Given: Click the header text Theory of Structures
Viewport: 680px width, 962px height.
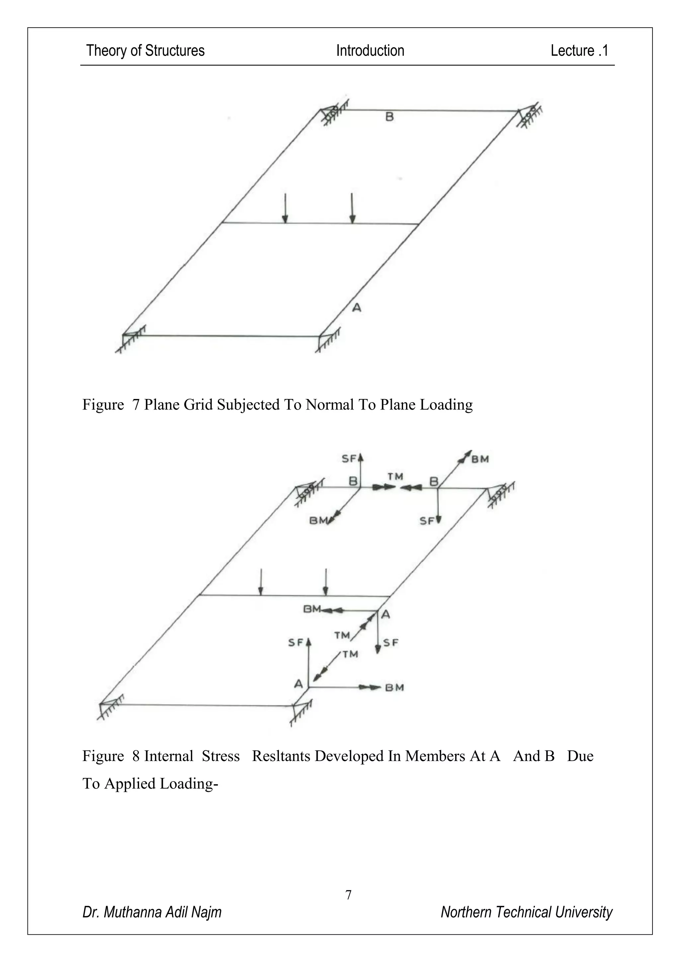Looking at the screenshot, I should pos(145,51).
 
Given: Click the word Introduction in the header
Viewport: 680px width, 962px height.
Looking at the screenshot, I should pos(370,51).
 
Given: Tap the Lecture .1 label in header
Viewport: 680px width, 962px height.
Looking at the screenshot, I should pos(579,51).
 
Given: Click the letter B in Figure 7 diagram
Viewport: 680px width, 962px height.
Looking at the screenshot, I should pos(389,117).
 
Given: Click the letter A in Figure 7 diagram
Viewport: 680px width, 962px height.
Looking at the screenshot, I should pos(357,308).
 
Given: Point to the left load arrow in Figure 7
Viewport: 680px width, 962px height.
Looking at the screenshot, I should pos(285,208).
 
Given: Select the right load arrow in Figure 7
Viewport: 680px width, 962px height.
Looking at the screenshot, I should pos(352,208).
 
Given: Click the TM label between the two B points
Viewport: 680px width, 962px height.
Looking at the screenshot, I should pos(395,477).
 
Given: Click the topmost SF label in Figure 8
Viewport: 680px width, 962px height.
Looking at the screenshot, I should pos(349,459).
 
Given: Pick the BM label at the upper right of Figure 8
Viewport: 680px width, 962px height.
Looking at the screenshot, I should pos(480,459).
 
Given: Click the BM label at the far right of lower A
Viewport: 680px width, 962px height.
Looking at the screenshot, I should pos(394,688).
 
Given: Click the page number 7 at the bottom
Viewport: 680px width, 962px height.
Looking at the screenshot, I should pos(348,895).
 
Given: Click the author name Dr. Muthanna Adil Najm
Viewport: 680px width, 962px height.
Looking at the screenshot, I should pos(152,912).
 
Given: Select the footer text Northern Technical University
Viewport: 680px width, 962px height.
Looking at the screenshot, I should pos(526,912).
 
